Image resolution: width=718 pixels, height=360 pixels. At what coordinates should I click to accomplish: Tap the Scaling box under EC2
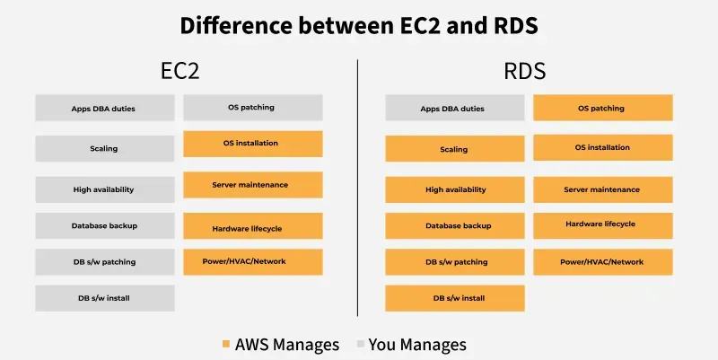pos(105,148)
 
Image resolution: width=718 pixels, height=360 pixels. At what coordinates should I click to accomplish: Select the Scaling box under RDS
pos(454,149)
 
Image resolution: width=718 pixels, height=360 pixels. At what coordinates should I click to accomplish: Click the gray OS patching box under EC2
pos(252,108)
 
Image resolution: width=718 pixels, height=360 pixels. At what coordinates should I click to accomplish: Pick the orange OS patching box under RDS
pos(601,109)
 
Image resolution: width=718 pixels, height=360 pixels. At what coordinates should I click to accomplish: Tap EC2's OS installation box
pos(252,143)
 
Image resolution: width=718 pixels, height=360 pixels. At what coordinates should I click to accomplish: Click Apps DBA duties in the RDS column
pos(454,109)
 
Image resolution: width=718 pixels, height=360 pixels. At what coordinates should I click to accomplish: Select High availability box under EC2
pos(105,189)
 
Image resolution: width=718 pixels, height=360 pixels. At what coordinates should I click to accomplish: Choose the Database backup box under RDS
pos(454,225)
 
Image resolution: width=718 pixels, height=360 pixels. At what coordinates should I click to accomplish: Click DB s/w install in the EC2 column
pos(105,297)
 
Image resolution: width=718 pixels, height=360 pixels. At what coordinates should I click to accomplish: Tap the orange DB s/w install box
pos(454,298)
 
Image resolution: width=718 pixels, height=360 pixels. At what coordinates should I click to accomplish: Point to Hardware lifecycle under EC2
pos(252,227)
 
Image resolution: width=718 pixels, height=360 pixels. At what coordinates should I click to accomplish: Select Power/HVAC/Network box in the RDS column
pos(601,262)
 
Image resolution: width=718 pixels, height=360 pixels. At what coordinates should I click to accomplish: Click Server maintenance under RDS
pos(601,189)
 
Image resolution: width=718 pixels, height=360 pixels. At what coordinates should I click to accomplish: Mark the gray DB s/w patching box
pos(105,262)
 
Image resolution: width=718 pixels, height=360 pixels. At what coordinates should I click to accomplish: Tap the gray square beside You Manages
pos(360,345)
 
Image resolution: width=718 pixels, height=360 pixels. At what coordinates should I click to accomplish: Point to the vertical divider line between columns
pos(357,189)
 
